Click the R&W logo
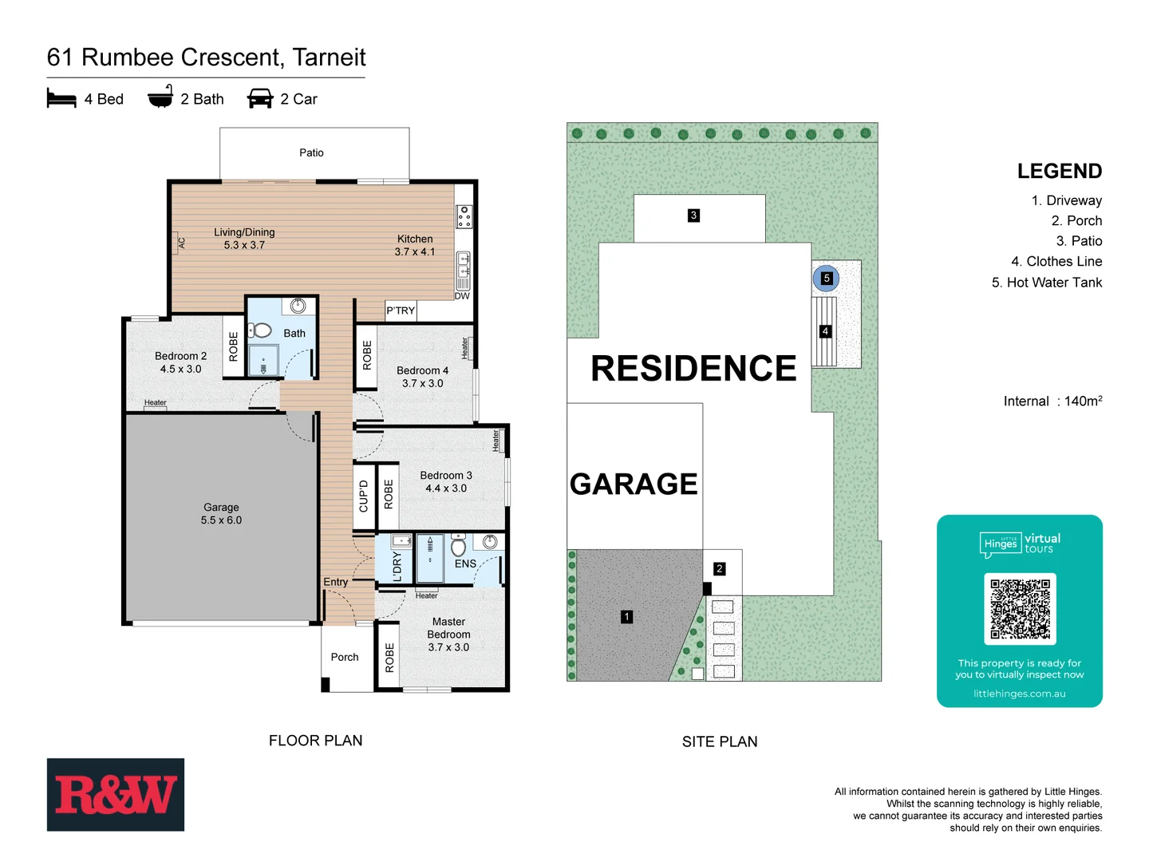click(116, 795)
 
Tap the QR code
click(1020, 609)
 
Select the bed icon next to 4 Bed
click(61, 99)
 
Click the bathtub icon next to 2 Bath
click(160, 97)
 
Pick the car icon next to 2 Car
click(260, 99)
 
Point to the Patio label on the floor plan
click(311, 152)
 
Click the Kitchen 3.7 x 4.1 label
click(415, 245)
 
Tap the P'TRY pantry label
click(401, 310)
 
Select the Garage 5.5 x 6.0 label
click(221, 514)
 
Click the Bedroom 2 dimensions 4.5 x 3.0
click(180, 369)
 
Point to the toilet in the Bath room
click(260, 330)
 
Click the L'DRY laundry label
click(397, 567)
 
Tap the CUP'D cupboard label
click(364, 496)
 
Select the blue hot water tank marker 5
click(827, 279)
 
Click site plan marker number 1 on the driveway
click(627, 617)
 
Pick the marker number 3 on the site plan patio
click(693, 215)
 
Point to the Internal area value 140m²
click(1083, 401)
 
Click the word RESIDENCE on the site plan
click(693, 369)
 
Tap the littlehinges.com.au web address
click(1019, 694)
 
